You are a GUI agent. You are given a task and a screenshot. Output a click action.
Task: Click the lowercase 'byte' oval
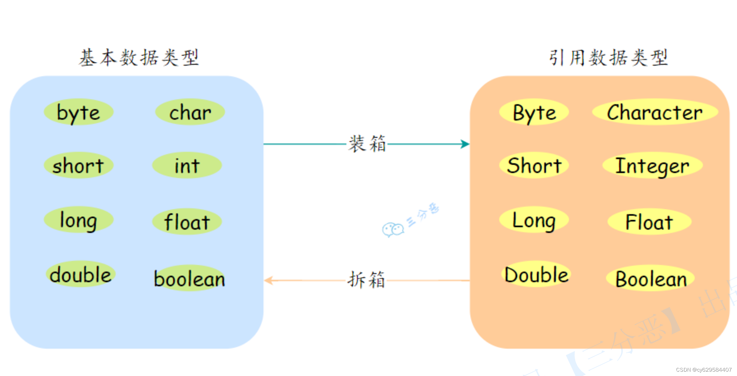(x=78, y=112)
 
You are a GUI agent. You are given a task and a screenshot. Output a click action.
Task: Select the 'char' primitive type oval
(x=190, y=112)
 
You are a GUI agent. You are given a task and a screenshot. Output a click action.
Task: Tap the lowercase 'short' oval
(x=78, y=165)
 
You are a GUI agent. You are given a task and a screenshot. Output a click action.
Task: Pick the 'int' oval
(x=187, y=165)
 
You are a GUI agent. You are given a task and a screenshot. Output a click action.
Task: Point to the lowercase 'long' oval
(x=78, y=220)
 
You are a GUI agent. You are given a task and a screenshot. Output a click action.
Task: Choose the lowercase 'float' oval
(x=187, y=222)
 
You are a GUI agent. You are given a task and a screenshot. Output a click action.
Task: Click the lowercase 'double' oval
(x=80, y=274)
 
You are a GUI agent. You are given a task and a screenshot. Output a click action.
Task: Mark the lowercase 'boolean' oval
(x=189, y=278)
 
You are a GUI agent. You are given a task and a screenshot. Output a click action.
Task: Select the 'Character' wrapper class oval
(x=655, y=112)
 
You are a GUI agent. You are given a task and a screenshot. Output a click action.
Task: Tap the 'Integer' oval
(x=652, y=165)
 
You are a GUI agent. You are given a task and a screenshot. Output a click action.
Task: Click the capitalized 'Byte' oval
(x=534, y=112)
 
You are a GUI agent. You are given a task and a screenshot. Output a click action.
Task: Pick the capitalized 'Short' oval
(x=534, y=165)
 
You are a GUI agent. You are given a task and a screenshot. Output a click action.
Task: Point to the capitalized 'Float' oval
(x=649, y=222)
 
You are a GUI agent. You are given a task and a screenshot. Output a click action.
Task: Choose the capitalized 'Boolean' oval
(x=651, y=278)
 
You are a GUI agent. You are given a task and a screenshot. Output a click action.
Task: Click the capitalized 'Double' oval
(x=536, y=274)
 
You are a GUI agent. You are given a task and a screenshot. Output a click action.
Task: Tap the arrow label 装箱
(x=367, y=144)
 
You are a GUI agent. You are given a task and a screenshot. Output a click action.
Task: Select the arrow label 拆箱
(x=366, y=280)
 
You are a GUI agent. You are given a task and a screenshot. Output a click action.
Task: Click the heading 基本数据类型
(x=139, y=58)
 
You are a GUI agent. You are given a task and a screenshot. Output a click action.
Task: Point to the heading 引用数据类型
(x=608, y=58)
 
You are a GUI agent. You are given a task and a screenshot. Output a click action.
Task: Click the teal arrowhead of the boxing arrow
(x=465, y=144)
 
